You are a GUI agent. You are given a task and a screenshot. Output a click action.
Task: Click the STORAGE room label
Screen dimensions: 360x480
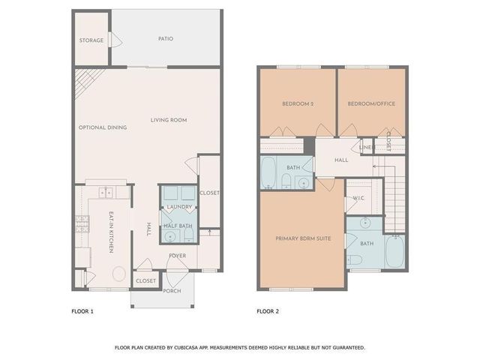91,40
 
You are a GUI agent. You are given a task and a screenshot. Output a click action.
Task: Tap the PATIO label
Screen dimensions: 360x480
166,38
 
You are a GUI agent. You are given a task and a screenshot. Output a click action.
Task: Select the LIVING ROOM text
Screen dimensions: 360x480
168,120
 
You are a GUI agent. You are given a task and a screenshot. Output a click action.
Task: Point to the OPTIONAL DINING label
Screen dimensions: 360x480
103,127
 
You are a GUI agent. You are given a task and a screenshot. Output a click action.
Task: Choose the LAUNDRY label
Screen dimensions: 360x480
179,207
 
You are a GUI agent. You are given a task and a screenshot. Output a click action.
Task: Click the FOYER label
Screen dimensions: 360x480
178,256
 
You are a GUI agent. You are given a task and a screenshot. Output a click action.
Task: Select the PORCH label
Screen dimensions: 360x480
172,291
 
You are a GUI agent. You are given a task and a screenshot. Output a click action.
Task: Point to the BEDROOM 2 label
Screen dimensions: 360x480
297,103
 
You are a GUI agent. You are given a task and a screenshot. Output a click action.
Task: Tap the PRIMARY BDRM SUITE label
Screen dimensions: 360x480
299,239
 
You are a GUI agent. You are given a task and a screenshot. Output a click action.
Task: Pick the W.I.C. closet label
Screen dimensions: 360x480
358,198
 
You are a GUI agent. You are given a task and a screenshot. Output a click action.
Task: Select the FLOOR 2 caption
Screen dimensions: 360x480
267,310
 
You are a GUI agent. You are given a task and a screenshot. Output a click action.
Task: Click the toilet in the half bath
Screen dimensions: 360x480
169,236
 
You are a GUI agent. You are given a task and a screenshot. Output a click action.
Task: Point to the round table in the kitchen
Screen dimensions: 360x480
118,274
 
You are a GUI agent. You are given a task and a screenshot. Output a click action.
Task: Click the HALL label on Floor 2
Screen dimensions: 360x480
341,160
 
